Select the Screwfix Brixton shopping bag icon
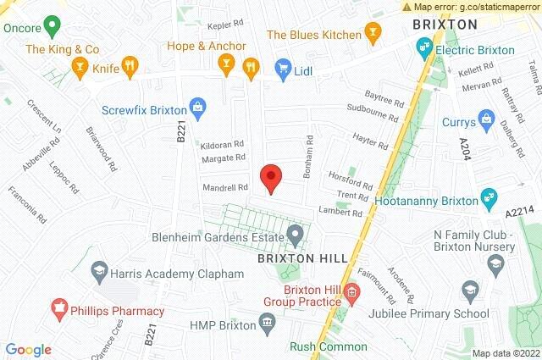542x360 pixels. click(x=197, y=108)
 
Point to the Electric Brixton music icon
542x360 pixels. click(x=422, y=50)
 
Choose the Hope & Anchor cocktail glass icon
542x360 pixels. click(x=226, y=63)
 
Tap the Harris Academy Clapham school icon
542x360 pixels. click(x=99, y=271)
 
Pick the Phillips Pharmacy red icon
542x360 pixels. click(x=60, y=305)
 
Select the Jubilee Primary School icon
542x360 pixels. click(x=470, y=293)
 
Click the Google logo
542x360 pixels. click(x=29, y=350)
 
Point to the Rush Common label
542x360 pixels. click(x=329, y=346)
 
